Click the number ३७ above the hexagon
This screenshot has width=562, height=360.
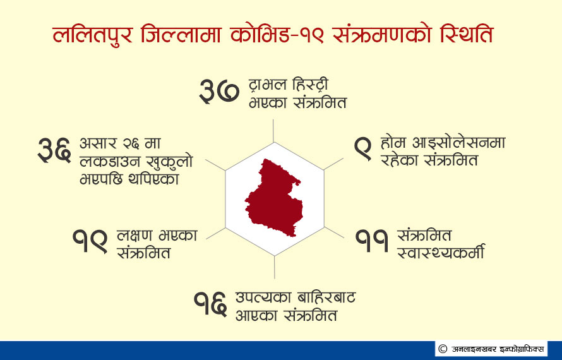pyautogui.click(x=219, y=92)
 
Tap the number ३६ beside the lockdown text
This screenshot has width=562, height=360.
pyautogui.click(x=54, y=150)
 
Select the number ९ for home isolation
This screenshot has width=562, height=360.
pyautogui.click(x=362, y=149)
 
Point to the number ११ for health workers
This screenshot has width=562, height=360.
pyautogui.click(x=372, y=241)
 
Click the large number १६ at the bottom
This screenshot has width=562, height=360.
pyautogui.click(x=210, y=304)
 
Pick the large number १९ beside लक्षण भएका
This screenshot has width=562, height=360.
pyautogui.click(x=90, y=241)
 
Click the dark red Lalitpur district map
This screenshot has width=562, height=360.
pyautogui.click(x=274, y=198)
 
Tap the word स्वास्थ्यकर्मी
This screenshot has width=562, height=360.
pyautogui.click(x=441, y=251)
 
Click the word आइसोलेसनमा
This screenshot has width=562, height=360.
pyautogui.click(x=459, y=143)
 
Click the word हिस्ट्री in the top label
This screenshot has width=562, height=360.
pyautogui.click(x=311, y=85)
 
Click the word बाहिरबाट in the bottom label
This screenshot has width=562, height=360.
pyautogui.click(x=326, y=297)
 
